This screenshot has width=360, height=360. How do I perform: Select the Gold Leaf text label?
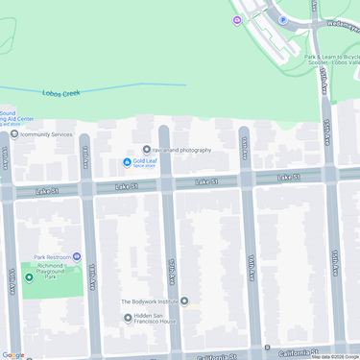[145, 159]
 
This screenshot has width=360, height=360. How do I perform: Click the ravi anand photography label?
[182, 150]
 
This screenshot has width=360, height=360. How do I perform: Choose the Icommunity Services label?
[46, 134]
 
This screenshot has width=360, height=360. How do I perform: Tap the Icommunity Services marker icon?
[13, 134]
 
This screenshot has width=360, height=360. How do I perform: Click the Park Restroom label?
[55, 257]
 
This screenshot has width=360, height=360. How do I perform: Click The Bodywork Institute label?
[149, 301]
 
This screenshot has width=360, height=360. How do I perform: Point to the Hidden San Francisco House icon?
[128, 318]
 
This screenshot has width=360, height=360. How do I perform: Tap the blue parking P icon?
[282, 19]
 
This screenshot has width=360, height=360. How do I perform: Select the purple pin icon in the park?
[237, 20]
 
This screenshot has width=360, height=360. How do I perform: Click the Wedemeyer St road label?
[341, 25]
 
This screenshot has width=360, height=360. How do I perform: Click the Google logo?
[13, 354]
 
